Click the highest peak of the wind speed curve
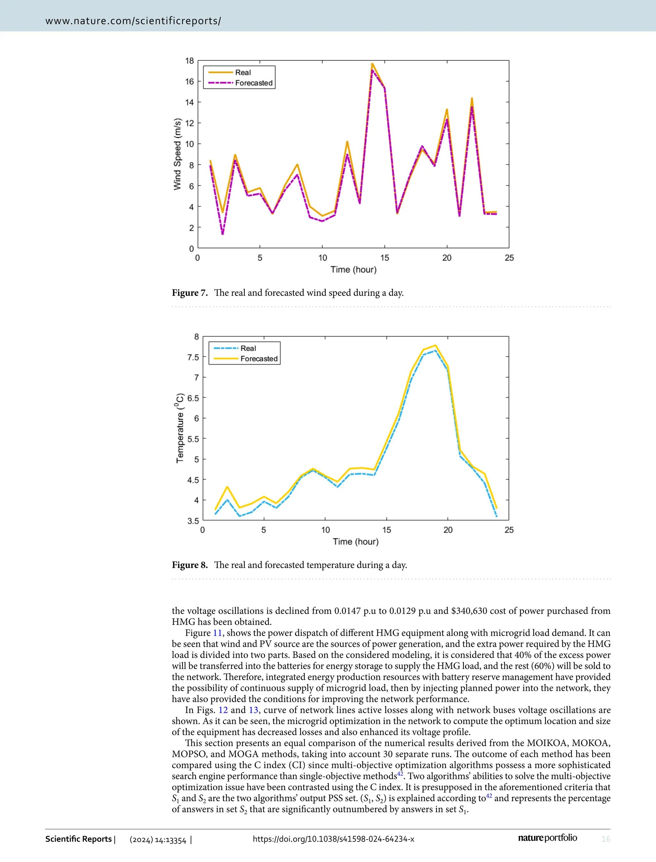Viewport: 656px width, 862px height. coord(372,64)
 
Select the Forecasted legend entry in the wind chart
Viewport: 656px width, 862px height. coord(253,83)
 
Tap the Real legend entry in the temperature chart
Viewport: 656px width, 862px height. coord(248,348)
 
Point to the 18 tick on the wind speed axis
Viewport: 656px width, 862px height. coord(189,61)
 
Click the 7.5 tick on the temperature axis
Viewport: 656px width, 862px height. coord(193,357)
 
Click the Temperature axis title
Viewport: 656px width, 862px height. coord(180,428)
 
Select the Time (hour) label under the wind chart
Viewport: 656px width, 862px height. coord(353,269)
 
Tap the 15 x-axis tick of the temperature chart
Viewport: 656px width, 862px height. coord(387,530)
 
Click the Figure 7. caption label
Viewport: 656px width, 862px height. coord(190,293)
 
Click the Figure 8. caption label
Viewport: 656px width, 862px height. coord(190,565)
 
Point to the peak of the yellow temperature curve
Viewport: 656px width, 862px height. coord(435,346)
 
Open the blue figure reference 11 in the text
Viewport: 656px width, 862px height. coord(217,633)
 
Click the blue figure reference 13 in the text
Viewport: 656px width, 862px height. coord(253,710)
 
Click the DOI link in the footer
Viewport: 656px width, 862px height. coord(333,839)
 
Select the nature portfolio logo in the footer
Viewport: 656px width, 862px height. coord(547,838)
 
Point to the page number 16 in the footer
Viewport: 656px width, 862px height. coord(606,839)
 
